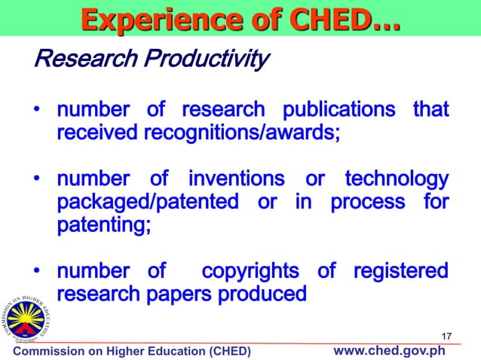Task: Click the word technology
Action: [397, 180]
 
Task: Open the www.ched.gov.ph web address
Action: [389, 351]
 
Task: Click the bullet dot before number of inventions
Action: [36, 181]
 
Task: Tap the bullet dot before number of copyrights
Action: [36, 271]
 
